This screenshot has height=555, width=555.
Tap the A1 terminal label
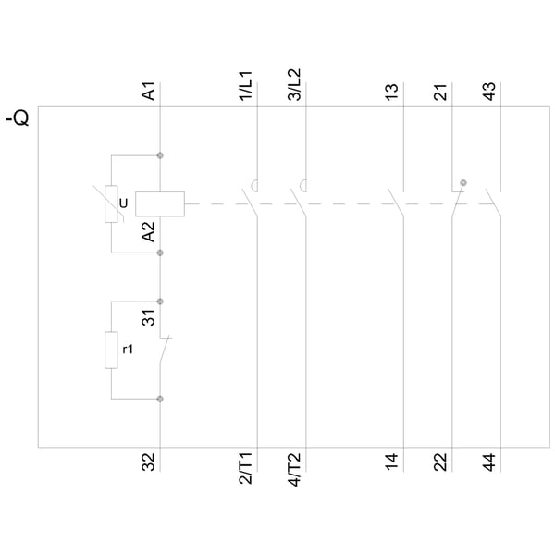[149, 91]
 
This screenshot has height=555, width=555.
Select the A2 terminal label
[149, 232]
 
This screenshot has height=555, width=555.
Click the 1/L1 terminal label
[246, 86]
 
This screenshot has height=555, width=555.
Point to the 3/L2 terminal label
[294, 85]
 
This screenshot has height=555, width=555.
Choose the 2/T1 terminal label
[246, 468]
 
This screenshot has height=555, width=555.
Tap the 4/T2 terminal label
[294, 469]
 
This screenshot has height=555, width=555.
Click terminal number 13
[392, 92]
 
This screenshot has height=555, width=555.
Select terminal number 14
[392, 462]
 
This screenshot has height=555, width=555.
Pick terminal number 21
[440, 92]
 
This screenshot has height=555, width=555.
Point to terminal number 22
[440, 462]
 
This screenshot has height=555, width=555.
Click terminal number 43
[489, 92]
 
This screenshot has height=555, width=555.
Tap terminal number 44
[489, 462]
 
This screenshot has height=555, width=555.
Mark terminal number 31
[149, 317]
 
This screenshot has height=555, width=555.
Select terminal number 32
[149, 462]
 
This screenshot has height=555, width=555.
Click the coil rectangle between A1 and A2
[160, 203]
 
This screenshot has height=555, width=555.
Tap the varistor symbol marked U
[111, 203]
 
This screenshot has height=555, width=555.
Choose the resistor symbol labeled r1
[111, 350]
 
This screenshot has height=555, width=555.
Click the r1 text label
[128, 350]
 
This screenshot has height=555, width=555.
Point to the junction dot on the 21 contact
[463, 183]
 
